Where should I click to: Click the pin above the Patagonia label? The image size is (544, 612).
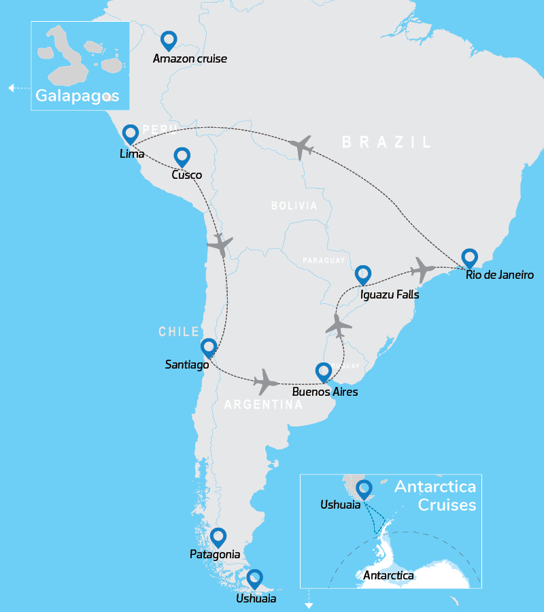(x=218, y=538)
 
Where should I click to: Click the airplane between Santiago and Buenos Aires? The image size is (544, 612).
(x=266, y=382)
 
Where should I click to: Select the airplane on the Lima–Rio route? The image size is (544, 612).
(x=301, y=146)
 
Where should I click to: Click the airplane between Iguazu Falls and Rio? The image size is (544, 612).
(x=422, y=269)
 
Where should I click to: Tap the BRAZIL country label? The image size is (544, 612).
(x=386, y=142)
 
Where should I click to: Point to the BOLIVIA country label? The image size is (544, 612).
(x=294, y=205)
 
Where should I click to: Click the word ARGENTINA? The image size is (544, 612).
(x=263, y=405)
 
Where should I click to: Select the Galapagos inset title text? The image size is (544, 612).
(x=77, y=96)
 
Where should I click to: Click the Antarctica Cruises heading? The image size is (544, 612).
(x=435, y=496)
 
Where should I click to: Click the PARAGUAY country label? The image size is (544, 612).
(x=324, y=260)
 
